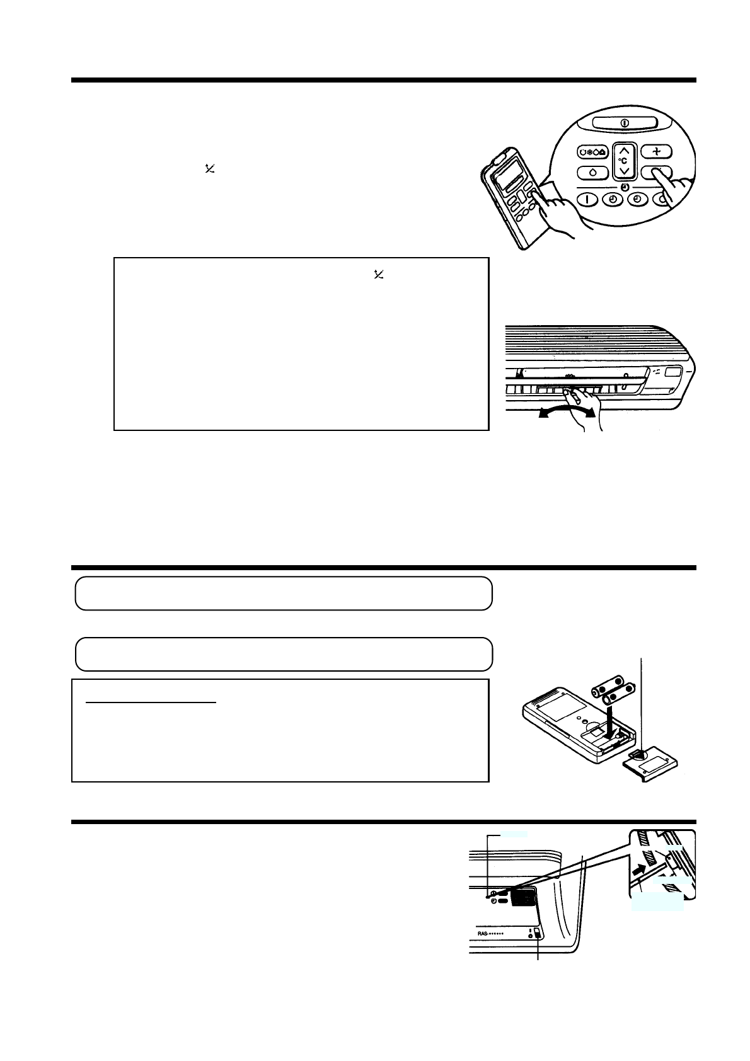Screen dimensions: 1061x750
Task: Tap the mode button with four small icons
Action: pyautogui.click(x=592, y=153)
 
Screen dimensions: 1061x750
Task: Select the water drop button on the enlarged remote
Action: pyautogui.click(x=592, y=173)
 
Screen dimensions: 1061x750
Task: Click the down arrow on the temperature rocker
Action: pyautogui.click(x=623, y=170)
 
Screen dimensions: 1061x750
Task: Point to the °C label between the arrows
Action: pyautogui.click(x=623, y=161)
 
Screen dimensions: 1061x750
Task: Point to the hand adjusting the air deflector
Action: pyautogui.click(x=577, y=403)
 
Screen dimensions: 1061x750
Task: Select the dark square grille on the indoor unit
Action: pyautogui.click(x=522, y=897)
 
